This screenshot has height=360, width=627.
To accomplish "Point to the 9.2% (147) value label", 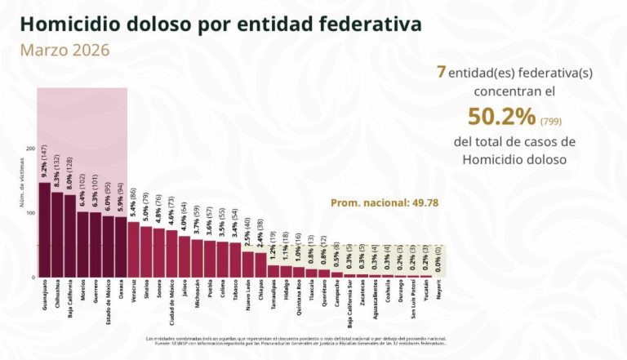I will coord(44,160).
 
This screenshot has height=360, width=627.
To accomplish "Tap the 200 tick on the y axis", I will coord(30,149).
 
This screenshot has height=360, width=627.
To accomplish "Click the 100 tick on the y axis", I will coord(30,213).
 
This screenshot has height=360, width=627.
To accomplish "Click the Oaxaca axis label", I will coord(121,292).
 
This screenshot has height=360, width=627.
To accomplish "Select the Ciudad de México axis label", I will coord(172,301).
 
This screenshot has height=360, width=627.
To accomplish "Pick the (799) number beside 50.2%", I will coord(550,121).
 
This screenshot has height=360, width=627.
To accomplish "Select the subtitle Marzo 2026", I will coord(64,50).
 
